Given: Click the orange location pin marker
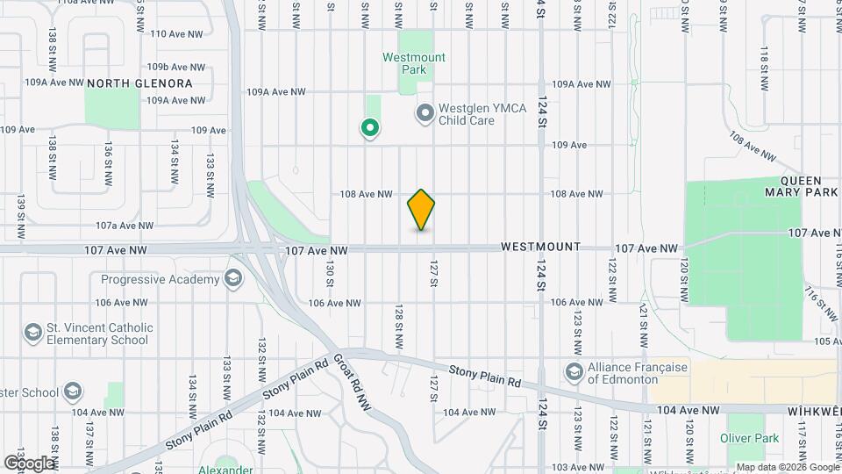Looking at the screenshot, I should (x=421, y=210).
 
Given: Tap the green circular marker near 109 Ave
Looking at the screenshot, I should (x=370, y=129).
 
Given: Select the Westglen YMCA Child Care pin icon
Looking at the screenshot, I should (x=425, y=113).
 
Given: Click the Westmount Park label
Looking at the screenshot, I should (x=414, y=63).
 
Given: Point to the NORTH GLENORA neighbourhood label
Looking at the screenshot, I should (x=139, y=83).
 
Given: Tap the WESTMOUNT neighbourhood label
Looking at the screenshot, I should (x=540, y=248).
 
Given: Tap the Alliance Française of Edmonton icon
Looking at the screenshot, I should (x=574, y=372).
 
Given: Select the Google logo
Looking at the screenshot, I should (x=28, y=463).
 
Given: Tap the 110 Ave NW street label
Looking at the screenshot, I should (x=176, y=34).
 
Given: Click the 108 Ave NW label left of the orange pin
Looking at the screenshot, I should (x=365, y=194).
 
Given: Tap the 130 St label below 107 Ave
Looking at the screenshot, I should (x=330, y=272).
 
